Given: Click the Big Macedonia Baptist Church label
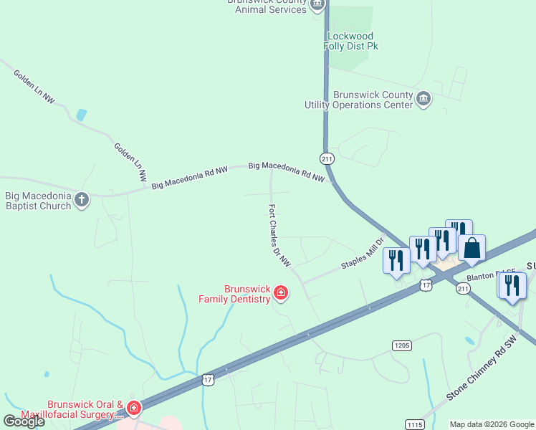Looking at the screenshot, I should click(38, 201).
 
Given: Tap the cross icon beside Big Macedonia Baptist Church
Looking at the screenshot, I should click(82, 199).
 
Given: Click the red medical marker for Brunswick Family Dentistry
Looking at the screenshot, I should click(281, 292).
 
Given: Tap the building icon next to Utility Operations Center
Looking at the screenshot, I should click(423, 98).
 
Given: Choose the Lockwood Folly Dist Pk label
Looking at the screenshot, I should click(353, 41).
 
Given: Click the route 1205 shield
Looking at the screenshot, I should click(402, 345).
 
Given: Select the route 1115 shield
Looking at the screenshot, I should click(415, 424).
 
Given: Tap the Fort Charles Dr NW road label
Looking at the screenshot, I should click(279, 236).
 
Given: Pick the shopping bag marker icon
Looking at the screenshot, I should click(472, 249).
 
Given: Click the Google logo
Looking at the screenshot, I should click(24, 421).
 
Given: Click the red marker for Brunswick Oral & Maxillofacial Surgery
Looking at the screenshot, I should click(133, 408).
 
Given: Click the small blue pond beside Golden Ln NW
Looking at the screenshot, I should click(81, 115).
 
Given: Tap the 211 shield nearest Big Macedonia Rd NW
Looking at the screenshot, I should click(326, 158).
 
